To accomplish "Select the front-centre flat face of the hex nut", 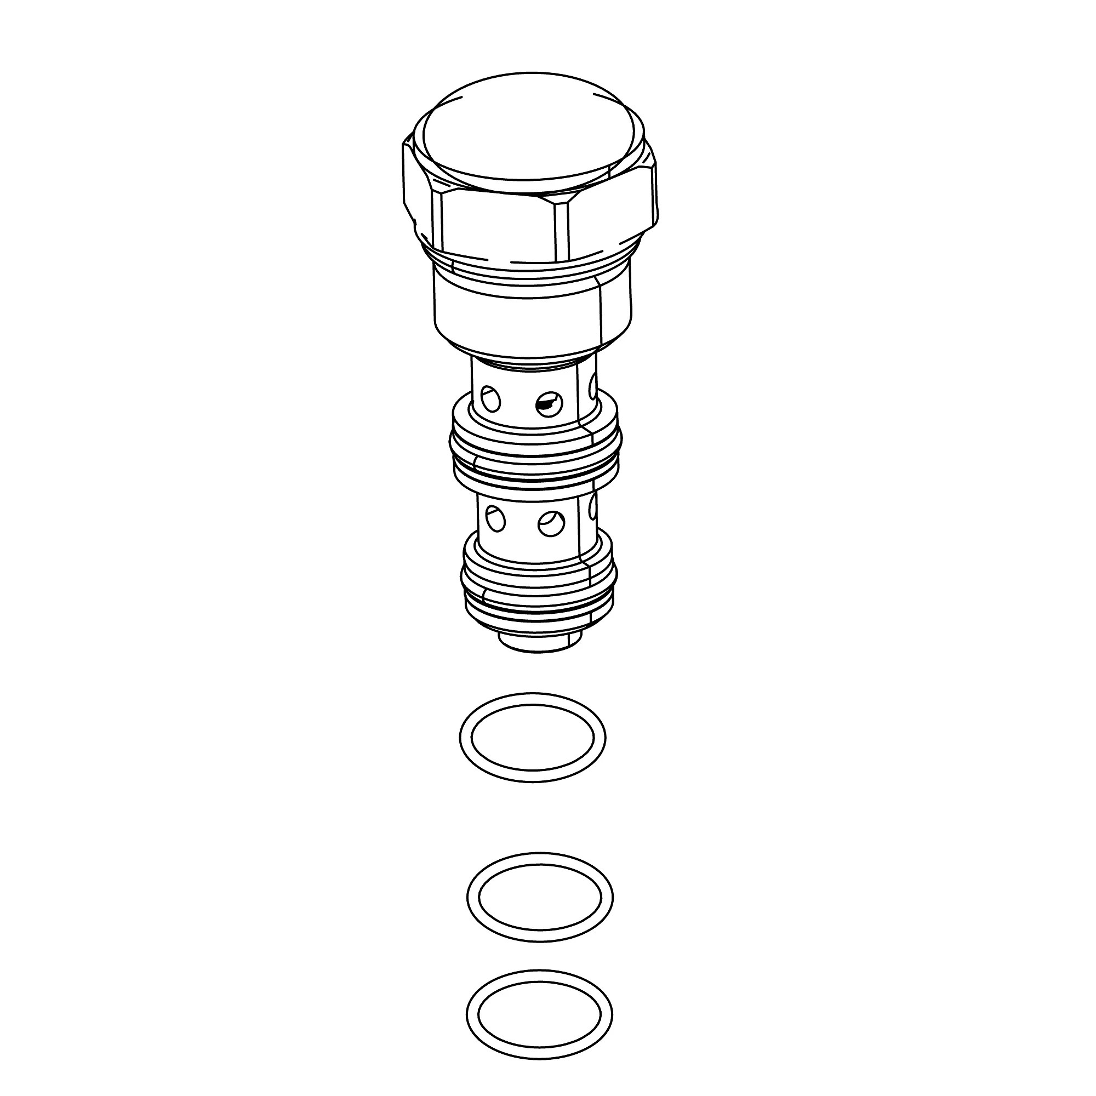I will [505, 227].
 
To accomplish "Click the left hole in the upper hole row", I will [491, 401].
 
